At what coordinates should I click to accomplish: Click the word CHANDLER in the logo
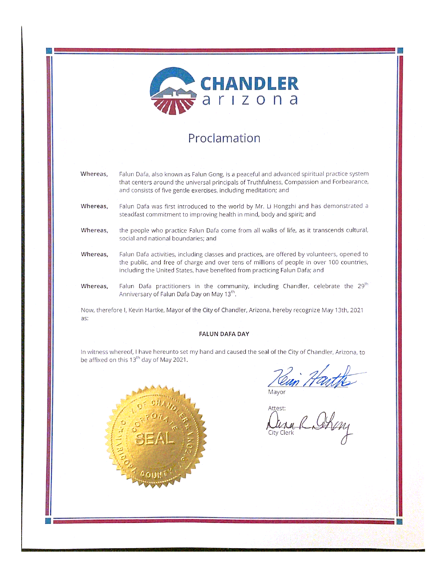[x=249, y=84]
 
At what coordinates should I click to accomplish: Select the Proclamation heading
[x=224, y=138]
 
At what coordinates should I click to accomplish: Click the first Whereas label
[x=94, y=174]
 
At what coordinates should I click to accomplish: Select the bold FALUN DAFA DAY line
[x=224, y=334]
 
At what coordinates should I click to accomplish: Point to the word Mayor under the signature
[x=277, y=392]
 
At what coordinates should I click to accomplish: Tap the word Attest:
[x=277, y=408]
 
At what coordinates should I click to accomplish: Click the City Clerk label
[x=281, y=433]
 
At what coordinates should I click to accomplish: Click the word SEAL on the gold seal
[x=154, y=439]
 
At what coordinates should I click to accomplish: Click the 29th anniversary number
[x=362, y=286]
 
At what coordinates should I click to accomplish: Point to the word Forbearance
[x=350, y=182]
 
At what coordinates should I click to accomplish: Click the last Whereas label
[x=94, y=286]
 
